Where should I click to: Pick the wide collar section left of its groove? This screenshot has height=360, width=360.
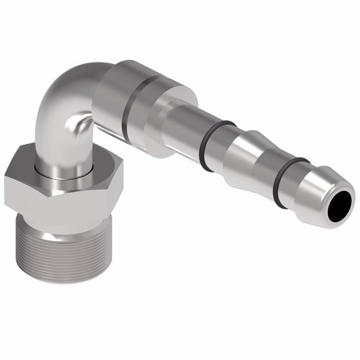pyautogui.click(x=111, y=96)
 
